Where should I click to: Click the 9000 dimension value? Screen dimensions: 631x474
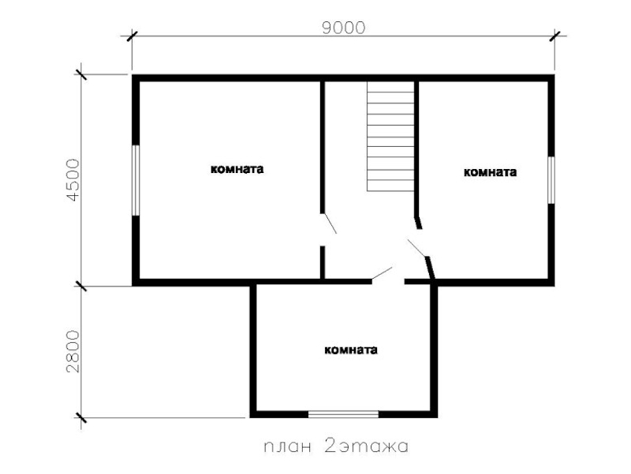[x=344, y=28]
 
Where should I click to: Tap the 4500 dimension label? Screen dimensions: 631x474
[x=73, y=180]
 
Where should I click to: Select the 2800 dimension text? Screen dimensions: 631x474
[x=73, y=352]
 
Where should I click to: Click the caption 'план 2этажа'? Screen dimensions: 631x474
[x=336, y=446]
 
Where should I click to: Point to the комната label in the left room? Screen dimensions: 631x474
[x=237, y=169]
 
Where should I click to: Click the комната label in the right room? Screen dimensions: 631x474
[x=490, y=172]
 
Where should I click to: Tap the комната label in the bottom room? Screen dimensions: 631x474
[x=351, y=349]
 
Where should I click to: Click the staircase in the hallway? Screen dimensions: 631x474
[x=390, y=136]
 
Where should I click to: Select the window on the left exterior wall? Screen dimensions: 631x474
[x=136, y=180]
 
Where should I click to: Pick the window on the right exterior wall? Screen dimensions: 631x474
[x=551, y=180]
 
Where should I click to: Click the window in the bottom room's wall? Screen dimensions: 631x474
[x=343, y=414]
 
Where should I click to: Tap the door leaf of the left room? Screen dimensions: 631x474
[x=330, y=224]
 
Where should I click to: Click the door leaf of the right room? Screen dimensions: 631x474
[x=417, y=248]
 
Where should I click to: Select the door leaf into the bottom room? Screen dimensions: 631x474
[x=382, y=273]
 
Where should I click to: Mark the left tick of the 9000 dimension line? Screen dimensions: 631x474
[x=132, y=36]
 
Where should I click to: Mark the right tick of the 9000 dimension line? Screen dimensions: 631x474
[x=555, y=36]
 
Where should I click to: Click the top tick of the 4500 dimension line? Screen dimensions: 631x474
[x=81, y=74]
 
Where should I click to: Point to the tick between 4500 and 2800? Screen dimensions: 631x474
[x=81, y=286]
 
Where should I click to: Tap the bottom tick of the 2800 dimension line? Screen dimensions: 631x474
[x=81, y=418]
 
